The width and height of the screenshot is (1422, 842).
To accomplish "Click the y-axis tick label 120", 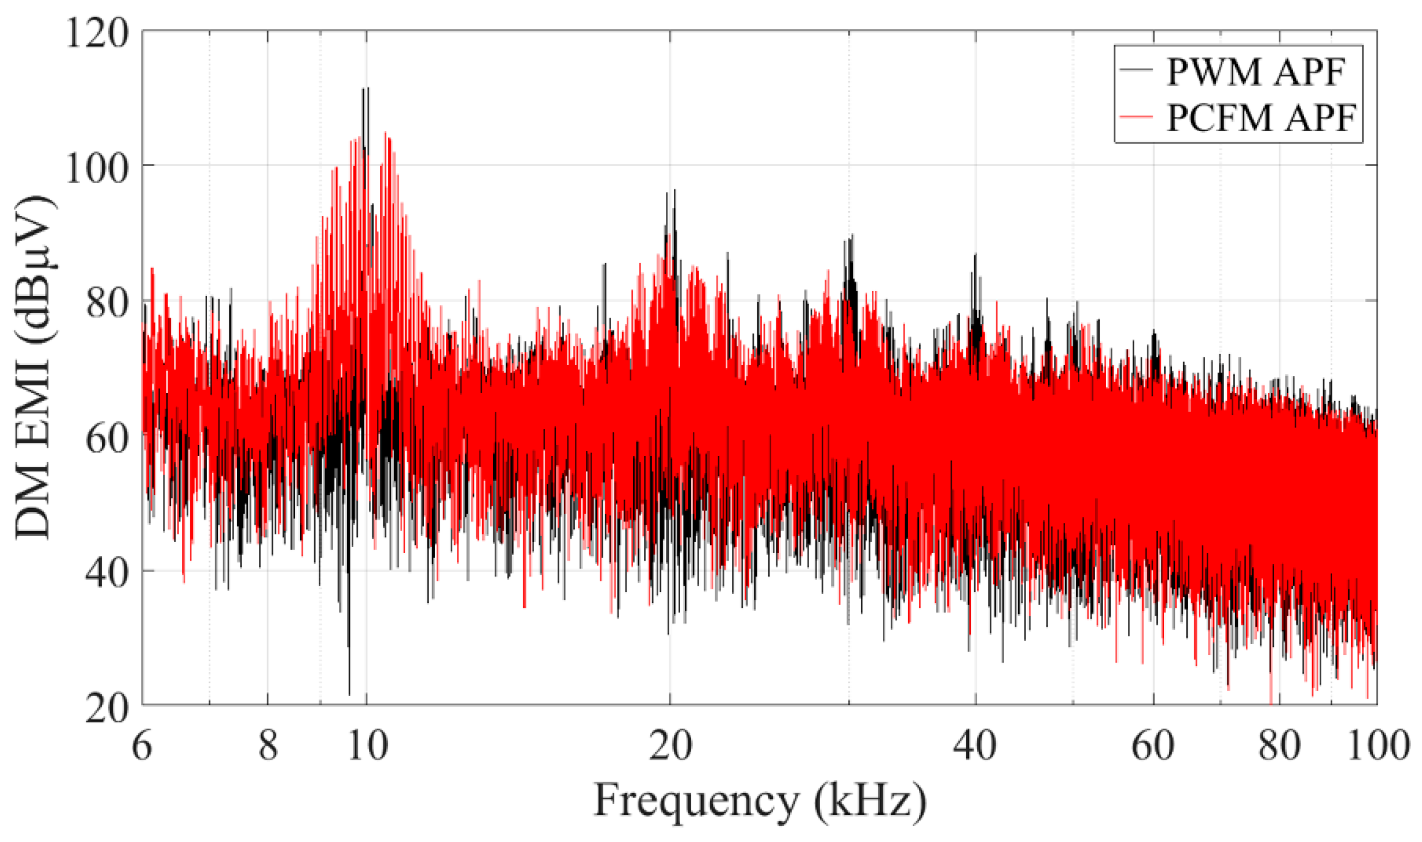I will coord(96,33).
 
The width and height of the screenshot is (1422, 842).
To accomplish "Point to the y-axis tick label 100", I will coord(96,168).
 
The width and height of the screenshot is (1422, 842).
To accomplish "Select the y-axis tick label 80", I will coord(106,303).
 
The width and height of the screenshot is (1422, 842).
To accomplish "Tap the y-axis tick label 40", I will coord(106,573).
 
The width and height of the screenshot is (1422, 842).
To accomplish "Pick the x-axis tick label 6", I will coord(142,746).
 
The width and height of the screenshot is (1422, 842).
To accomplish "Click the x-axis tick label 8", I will coord(268,746).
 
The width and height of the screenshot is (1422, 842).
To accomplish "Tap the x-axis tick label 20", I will coord(670,746).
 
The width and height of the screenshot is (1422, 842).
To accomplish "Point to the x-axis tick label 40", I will coord(975,746).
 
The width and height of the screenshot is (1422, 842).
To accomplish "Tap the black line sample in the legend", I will coord(1136,70).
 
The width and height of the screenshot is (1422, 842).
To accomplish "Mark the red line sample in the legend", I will coord(1136,117).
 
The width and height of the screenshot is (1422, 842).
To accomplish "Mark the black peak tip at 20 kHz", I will coord(674,191).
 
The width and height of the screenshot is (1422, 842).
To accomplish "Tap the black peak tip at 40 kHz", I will coord(975,255).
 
